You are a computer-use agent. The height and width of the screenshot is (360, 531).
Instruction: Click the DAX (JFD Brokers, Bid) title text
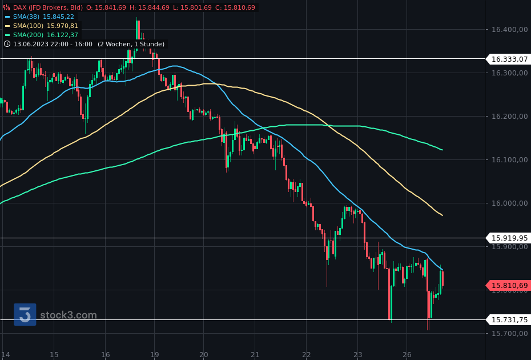(x=48, y=7)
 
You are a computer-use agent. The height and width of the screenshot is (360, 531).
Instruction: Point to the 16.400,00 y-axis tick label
(x=509, y=30)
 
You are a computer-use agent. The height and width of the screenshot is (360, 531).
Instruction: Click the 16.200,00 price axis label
(x=509, y=117)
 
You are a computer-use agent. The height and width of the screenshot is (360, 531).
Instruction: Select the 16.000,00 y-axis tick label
(x=509, y=203)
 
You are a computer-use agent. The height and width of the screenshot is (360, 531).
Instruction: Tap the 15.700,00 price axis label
(x=509, y=334)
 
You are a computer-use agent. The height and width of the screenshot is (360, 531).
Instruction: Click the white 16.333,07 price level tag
(x=509, y=59)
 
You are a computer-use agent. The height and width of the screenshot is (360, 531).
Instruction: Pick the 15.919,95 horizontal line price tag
(x=509, y=238)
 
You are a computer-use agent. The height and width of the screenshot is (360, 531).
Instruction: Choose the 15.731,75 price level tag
(x=509, y=319)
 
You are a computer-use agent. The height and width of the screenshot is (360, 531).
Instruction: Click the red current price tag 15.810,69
(x=509, y=285)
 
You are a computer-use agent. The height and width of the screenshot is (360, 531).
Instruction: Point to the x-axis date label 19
(x=154, y=354)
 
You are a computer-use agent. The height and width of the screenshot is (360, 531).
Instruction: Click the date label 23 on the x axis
(x=357, y=354)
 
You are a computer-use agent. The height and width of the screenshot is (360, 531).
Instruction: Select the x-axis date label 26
(x=407, y=354)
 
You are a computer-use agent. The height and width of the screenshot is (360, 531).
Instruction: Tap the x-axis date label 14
(x=6, y=354)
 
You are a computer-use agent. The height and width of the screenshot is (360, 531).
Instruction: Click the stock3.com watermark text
(x=69, y=315)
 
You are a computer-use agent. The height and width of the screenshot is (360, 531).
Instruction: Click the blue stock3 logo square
(x=25, y=314)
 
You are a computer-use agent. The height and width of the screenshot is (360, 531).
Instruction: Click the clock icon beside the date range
(x=7, y=44)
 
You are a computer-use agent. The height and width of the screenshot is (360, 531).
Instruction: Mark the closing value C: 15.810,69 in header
(x=236, y=7)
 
